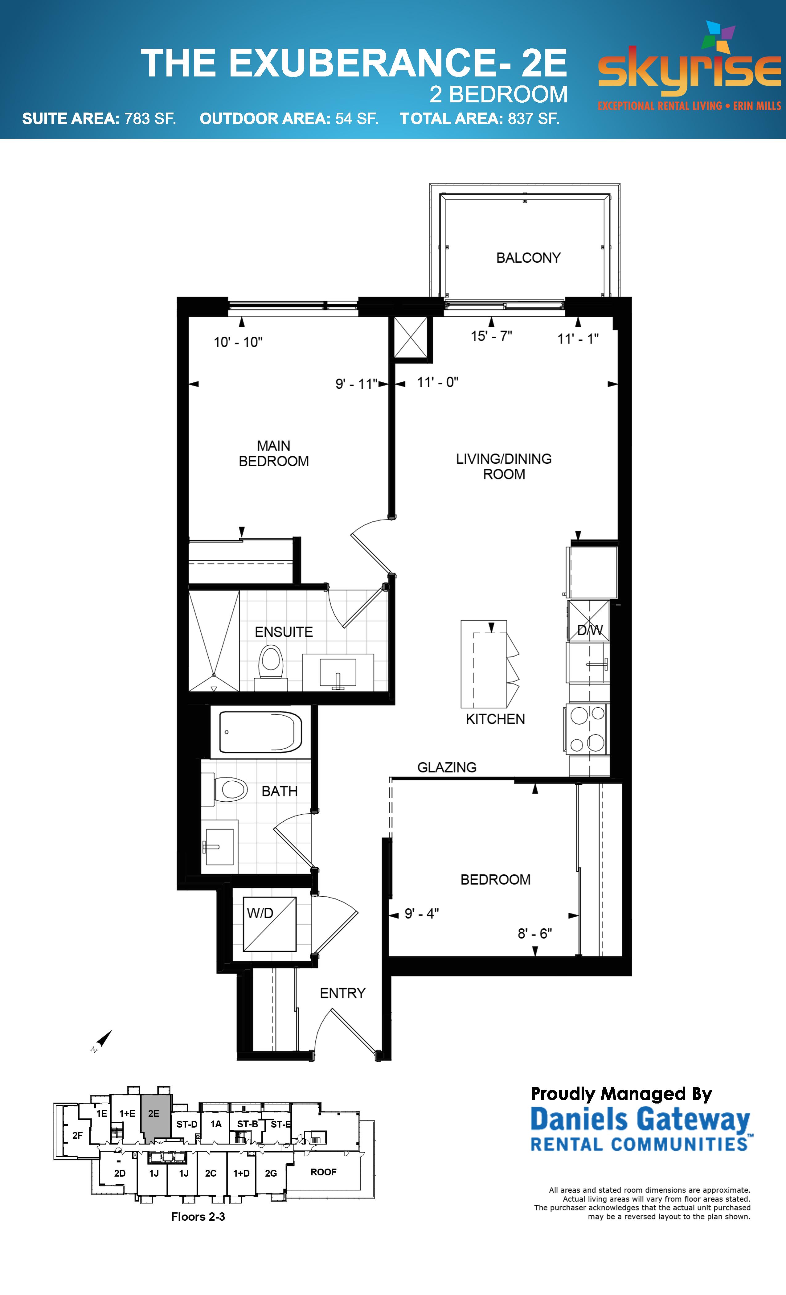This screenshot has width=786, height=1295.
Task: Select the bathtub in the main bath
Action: tap(260, 732)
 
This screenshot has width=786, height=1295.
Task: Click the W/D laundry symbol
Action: tap(269, 924)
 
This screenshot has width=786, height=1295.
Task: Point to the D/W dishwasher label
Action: tap(589, 630)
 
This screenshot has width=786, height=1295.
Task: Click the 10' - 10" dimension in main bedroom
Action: tap(238, 342)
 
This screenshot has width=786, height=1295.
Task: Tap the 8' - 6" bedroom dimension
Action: tap(534, 933)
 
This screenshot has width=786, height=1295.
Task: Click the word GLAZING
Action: tap(447, 767)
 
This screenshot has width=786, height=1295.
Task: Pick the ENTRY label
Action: tap(342, 993)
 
